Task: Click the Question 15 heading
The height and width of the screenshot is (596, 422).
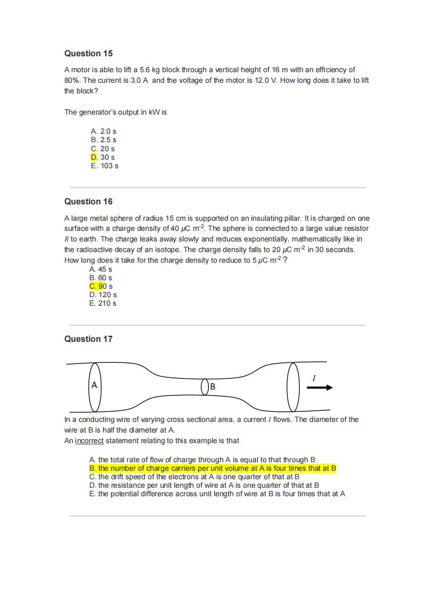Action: pos(88,54)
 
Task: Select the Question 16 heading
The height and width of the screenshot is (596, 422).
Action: pos(88,202)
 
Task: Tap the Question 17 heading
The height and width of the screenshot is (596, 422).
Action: pos(88,339)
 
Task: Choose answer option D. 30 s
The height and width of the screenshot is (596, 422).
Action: pos(103,158)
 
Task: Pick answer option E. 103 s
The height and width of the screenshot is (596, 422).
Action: pos(104,166)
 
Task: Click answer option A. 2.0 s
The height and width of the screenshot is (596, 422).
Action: pos(104,131)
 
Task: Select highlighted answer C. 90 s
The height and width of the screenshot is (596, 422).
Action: pos(101,287)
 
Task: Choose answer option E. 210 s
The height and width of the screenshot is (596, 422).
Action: pos(103,304)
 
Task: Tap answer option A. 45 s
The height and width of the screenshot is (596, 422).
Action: pos(101,270)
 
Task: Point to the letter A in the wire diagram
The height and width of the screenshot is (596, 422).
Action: pos(94,385)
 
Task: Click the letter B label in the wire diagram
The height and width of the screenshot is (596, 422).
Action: pos(213,387)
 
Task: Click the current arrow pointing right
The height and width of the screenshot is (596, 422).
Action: pos(319,388)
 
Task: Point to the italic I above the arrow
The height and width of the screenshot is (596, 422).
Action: pos(314,378)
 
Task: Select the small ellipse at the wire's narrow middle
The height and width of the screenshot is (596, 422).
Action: pos(205,387)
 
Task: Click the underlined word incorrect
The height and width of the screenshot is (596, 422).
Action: pos(89,441)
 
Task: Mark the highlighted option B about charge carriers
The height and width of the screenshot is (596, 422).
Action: pos(213,469)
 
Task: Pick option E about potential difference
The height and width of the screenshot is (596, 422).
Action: pos(217,494)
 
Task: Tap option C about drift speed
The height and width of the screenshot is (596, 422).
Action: pos(195,477)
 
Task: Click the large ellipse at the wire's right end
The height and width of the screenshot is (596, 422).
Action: pos(293,387)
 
